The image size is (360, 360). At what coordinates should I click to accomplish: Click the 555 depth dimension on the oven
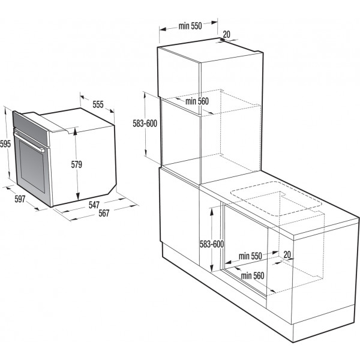(98, 104)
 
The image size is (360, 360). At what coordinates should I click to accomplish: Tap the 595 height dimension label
(5, 144)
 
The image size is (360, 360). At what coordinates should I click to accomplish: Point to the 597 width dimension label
(20, 199)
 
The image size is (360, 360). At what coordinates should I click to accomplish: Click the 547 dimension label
(94, 205)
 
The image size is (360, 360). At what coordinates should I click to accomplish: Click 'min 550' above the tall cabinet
(190, 26)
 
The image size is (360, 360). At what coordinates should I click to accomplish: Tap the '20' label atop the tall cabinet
(226, 35)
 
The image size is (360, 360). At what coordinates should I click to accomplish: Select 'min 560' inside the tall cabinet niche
(197, 101)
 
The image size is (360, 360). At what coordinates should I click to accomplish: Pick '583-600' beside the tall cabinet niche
(145, 124)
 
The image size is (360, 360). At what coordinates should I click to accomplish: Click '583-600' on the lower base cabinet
(212, 244)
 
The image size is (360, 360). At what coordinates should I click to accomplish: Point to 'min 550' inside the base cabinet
(250, 256)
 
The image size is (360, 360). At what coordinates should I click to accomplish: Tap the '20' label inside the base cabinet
(288, 254)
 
